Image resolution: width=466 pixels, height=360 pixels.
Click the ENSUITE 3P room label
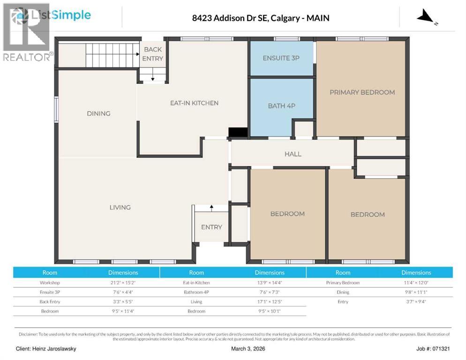281,58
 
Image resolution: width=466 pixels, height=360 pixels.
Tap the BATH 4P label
281,106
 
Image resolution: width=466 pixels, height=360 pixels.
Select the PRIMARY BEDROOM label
362,92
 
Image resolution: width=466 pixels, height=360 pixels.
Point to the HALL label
293,154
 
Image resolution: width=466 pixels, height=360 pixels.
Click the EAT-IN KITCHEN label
194,103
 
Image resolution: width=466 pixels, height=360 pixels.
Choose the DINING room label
98,113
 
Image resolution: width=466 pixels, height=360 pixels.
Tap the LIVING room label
120,207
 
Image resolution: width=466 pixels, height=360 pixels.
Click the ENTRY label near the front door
211,227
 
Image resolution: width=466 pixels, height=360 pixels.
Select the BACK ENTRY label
153,54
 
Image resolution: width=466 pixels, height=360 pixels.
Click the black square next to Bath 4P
238,133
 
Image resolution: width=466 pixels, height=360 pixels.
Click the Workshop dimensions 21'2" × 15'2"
123,283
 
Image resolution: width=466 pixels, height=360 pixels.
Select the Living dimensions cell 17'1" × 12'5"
270,301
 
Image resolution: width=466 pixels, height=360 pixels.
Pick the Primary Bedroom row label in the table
343,283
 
